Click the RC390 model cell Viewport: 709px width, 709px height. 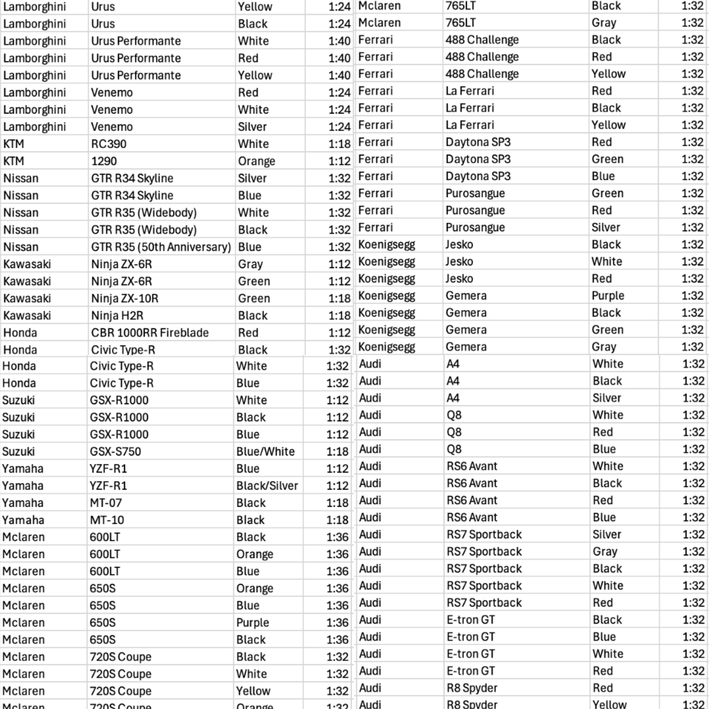[x=109, y=144]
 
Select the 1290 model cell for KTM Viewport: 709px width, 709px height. [x=104, y=161]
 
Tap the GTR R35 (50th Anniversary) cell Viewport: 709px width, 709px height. [x=161, y=247]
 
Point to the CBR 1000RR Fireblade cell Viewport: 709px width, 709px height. [x=150, y=333]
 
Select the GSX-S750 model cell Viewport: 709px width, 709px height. [x=115, y=452]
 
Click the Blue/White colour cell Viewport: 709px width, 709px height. [x=265, y=452]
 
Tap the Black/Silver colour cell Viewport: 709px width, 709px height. [x=267, y=486]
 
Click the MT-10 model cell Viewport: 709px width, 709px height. [x=107, y=520]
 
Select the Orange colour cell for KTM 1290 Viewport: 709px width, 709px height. [x=256, y=161]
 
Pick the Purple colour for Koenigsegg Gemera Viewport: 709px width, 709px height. [x=607, y=296]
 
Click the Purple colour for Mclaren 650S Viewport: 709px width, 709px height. [x=252, y=623]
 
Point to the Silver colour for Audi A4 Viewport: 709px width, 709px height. [x=606, y=398]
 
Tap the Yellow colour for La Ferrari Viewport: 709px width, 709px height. [x=608, y=125]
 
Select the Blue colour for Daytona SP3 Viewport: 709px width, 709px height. [x=603, y=176]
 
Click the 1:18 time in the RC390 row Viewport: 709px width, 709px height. [x=339, y=144]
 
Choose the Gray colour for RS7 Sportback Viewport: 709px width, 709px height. [x=605, y=552]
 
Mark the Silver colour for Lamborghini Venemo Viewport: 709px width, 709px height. [x=252, y=127]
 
